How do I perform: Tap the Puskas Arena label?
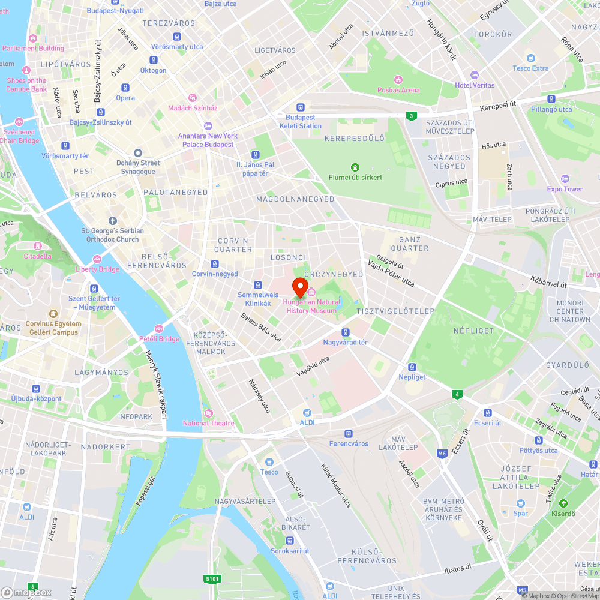(x=398, y=89)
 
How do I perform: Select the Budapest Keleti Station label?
(x=300, y=122)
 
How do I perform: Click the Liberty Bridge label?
(x=97, y=269)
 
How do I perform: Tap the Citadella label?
(x=37, y=256)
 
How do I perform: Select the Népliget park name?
(x=473, y=331)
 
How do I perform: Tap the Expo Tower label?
(x=565, y=188)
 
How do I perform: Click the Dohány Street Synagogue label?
(x=138, y=167)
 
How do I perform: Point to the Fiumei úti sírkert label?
(x=355, y=177)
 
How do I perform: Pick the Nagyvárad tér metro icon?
(x=345, y=332)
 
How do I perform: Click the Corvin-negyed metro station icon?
(x=215, y=264)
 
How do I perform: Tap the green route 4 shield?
(x=458, y=394)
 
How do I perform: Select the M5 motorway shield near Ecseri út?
(x=442, y=453)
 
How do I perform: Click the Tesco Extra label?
(x=530, y=68)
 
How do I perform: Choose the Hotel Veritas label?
(x=475, y=85)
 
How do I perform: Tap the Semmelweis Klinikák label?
(x=259, y=299)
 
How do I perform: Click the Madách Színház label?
(x=193, y=108)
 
